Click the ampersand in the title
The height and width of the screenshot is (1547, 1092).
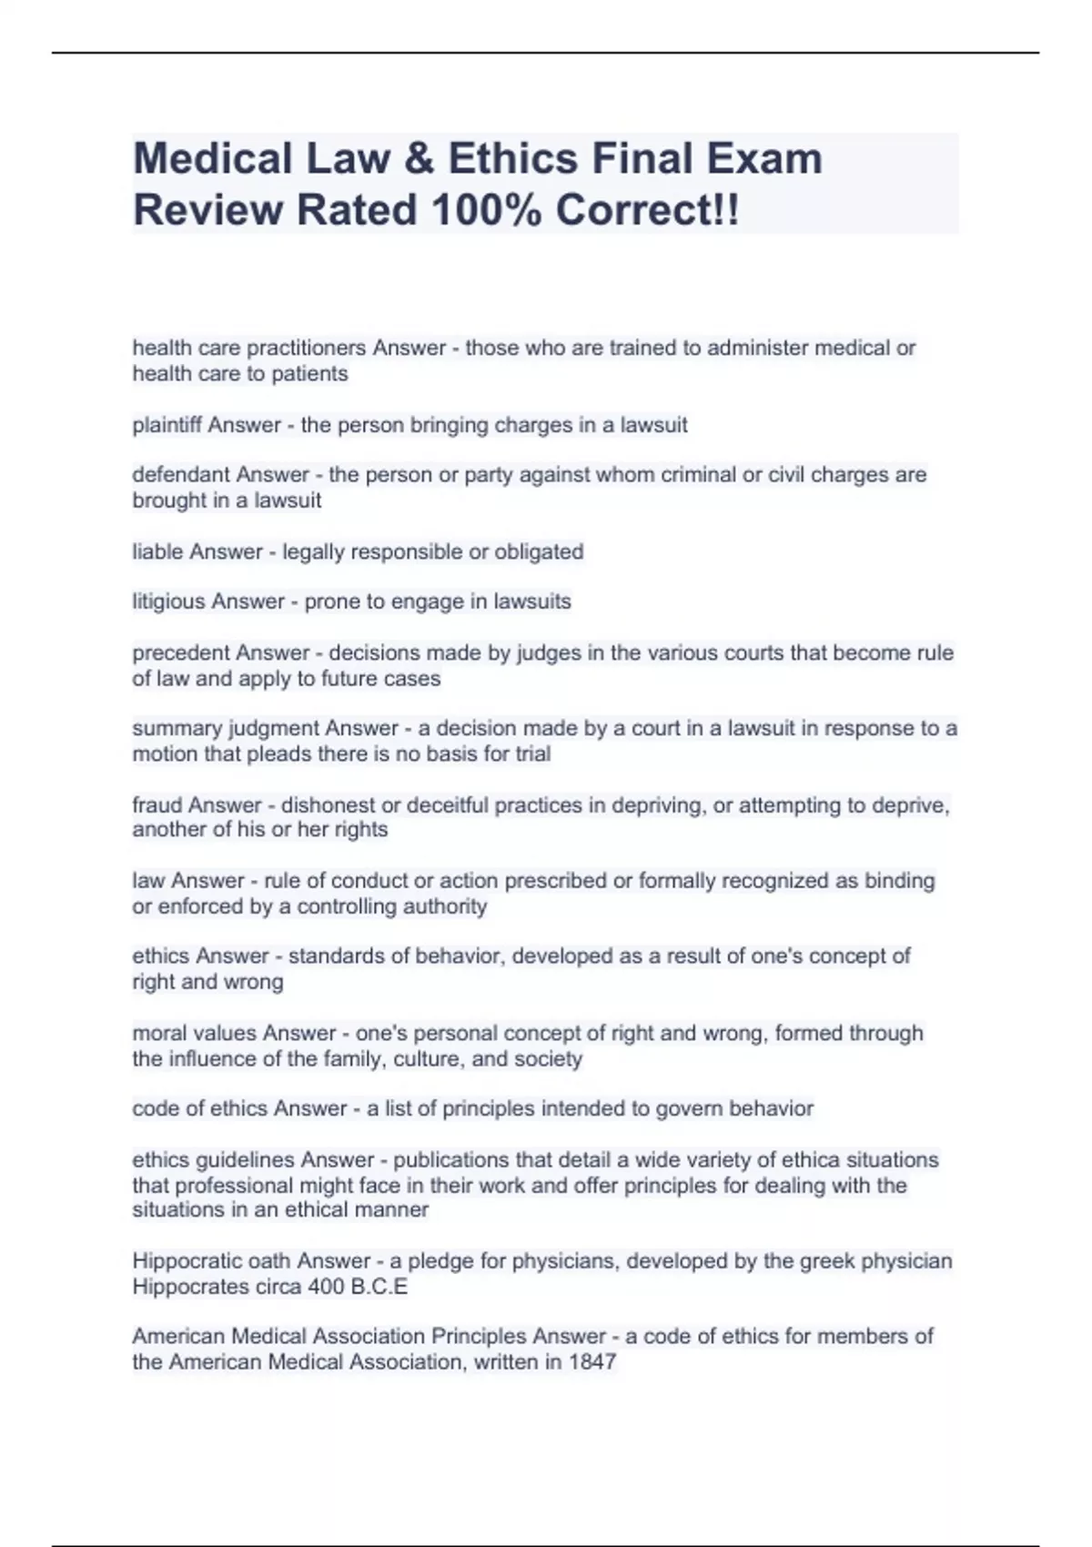[420, 159]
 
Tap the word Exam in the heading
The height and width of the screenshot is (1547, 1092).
[763, 159]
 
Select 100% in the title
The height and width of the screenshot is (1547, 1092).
[488, 210]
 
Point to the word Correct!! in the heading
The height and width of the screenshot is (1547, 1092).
[648, 210]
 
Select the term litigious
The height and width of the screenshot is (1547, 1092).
[168, 602]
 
